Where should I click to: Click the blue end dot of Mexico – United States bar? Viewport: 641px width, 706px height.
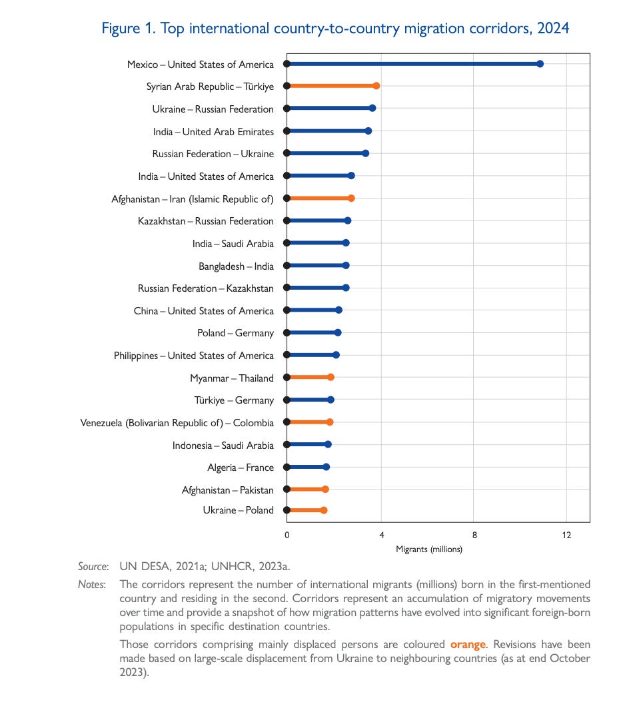(x=540, y=64)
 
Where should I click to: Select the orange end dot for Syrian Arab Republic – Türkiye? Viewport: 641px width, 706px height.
(x=376, y=86)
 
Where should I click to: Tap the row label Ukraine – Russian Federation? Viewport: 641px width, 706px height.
(x=213, y=109)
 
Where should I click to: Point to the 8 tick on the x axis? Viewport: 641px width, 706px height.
(x=474, y=535)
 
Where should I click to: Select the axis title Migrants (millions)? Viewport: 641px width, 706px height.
(x=428, y=549)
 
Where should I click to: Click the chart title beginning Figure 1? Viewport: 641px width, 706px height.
(x=335, y=29)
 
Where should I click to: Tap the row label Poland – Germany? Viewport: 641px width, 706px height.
(x=235, y=333)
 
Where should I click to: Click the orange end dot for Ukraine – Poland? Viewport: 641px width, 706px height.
(x=324, y=510)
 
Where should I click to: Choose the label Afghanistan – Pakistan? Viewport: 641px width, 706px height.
(x=227, y=490)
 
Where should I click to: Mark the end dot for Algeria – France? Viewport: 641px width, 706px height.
(x=326, y=467)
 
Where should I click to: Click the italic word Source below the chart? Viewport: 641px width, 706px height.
(x=93, y=566)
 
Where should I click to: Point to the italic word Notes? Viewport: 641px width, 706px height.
(x=92, y=584)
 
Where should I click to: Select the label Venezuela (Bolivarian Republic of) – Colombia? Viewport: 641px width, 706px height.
(x=177, y=423)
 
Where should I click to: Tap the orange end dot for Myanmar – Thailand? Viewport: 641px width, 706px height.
(x=330, y=377)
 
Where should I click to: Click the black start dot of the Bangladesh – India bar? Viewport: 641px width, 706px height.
(x=287, y=265)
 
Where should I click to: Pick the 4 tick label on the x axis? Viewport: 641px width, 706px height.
(x=382, y=535)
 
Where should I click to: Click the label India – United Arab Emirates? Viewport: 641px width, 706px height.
(x=213, y=132)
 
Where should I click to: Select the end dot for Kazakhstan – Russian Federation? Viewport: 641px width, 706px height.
(x=347, y=220)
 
